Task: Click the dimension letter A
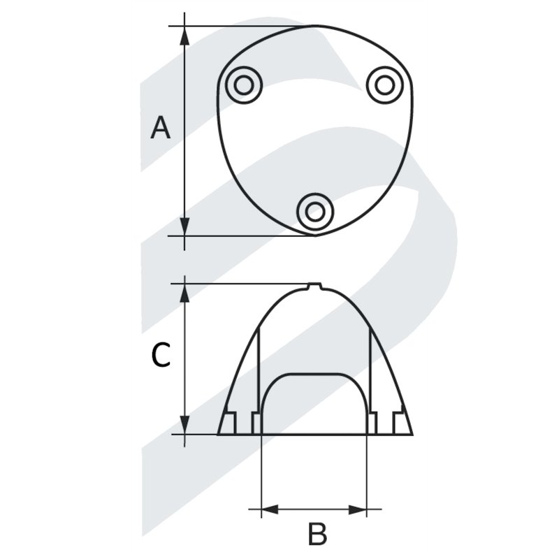(161, 129)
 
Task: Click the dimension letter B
(317, 535)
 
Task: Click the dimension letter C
(161, 356)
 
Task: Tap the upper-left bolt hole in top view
(243, 85)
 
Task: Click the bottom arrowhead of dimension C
(185, 425)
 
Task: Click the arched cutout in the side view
(314, 405)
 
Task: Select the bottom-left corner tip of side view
(218, 434)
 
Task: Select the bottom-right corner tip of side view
(412, 434)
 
